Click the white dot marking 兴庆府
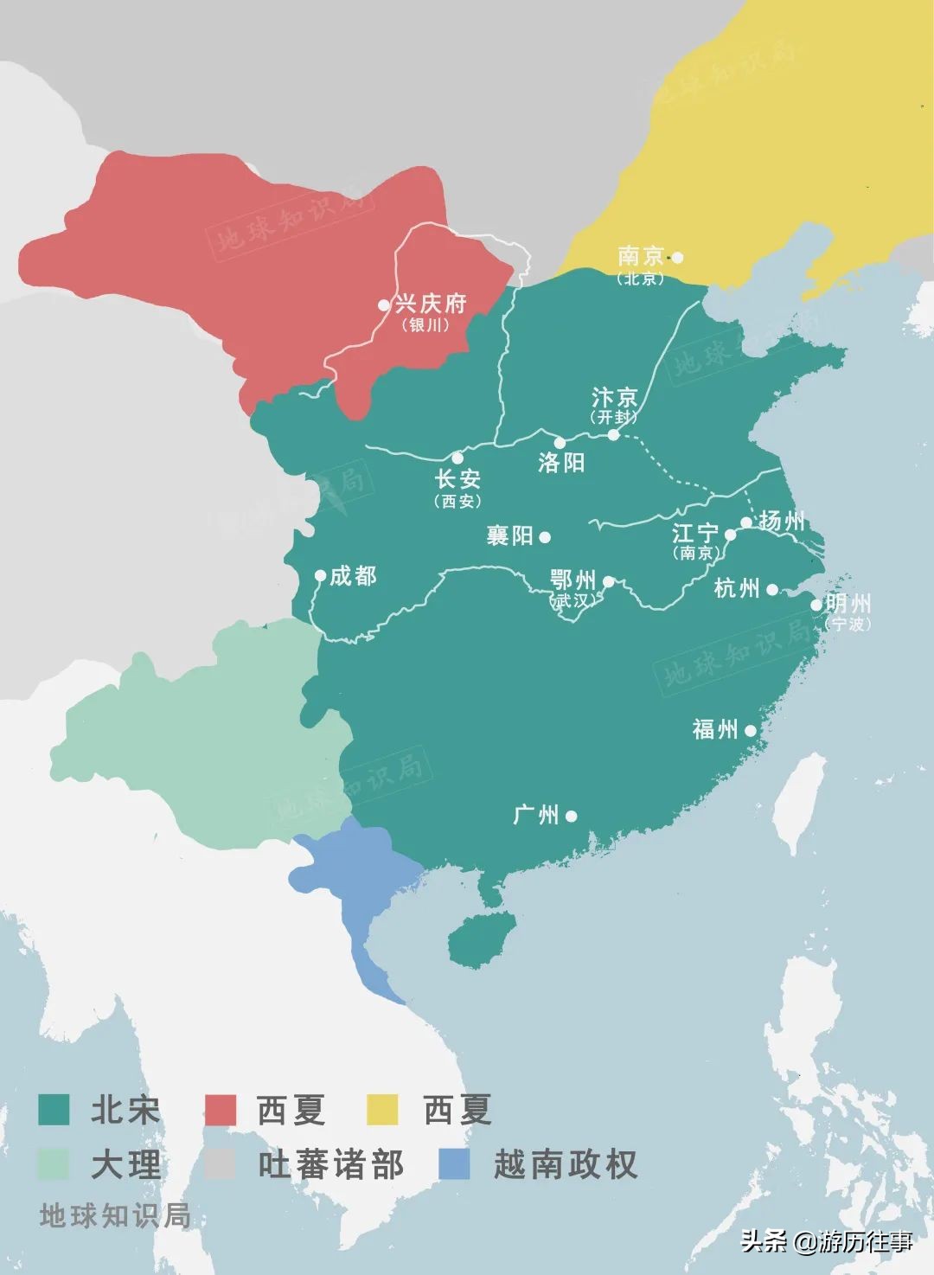point(384,305)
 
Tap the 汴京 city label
point(614,397)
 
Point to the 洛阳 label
point(561,463)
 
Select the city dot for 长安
point(457,458)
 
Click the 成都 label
point(353,576)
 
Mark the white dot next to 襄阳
point(545,537)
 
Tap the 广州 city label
point(536,815)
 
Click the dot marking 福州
point(750,731)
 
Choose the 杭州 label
point(737,589)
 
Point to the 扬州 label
point(782,521)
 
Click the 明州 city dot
point(816,605)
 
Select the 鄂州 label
point(573,579)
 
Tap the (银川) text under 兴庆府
point(425,325)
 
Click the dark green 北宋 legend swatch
point(54,1110)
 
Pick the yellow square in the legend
point(382,1110)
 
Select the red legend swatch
point(220,1110)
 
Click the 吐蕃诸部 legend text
point(330,1165)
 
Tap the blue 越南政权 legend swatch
point(455,1164)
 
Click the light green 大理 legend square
point(54,1164)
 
